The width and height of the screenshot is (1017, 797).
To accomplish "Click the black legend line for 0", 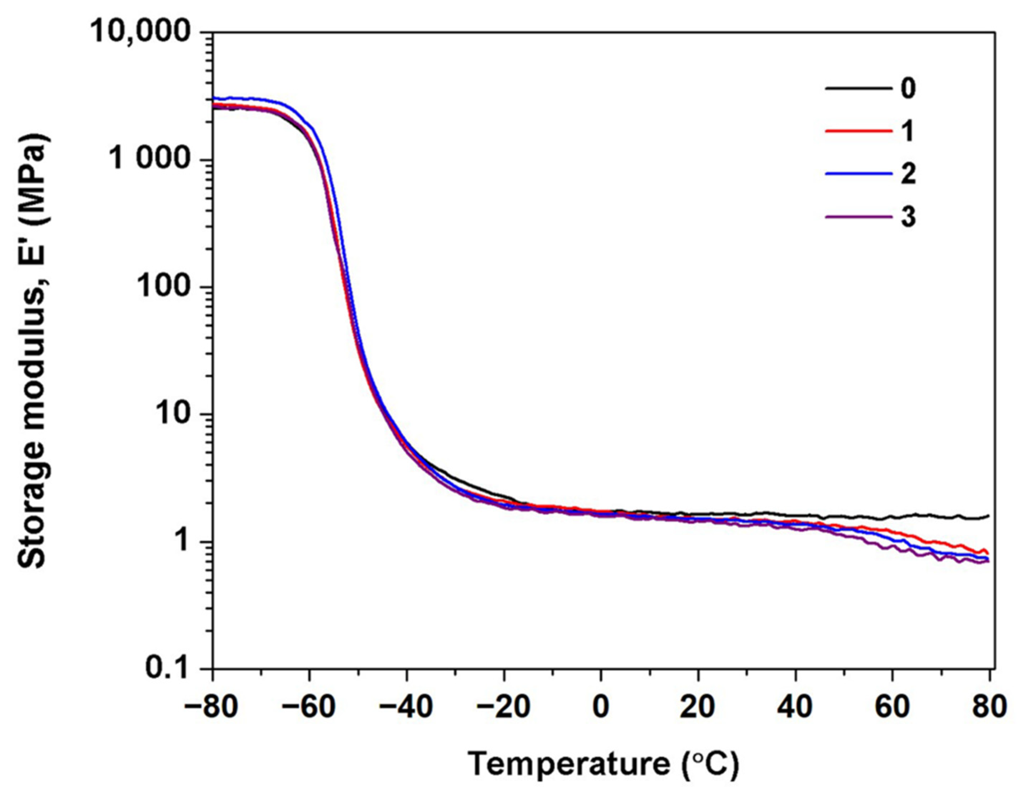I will [856, 88].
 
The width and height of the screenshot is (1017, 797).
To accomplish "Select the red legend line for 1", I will [856, 131].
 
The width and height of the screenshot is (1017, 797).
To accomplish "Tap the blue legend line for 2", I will [856, 174].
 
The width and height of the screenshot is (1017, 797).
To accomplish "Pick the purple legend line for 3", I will [856, 217].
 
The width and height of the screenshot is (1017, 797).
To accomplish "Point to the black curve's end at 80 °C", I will [988, 516].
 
